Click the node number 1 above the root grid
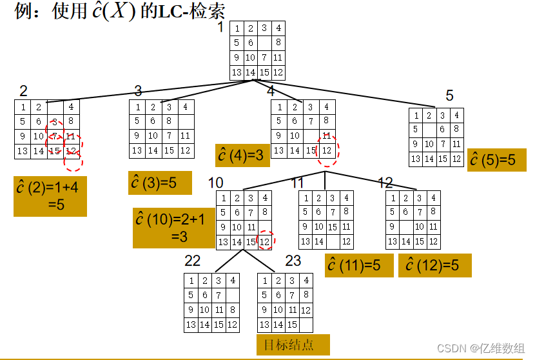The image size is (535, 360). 220,27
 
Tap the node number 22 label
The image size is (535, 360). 193,261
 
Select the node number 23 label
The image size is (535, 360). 293,261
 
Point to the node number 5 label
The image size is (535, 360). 450,96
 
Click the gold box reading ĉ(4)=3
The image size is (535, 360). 242,155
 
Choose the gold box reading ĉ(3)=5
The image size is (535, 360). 160,183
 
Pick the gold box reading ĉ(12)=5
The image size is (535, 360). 434,265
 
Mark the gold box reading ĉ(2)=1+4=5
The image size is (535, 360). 50,195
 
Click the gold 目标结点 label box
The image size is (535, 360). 293,345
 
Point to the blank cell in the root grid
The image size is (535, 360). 264,43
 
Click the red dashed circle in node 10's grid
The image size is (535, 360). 266,241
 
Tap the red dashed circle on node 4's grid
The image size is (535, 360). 328,151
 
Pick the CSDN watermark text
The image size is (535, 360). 480,348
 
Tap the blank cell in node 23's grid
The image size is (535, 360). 306,325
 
